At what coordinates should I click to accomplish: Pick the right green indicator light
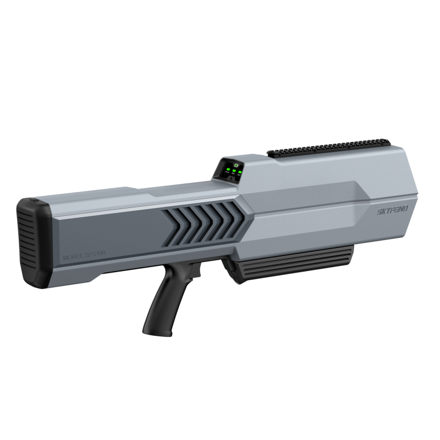(240, 170)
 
